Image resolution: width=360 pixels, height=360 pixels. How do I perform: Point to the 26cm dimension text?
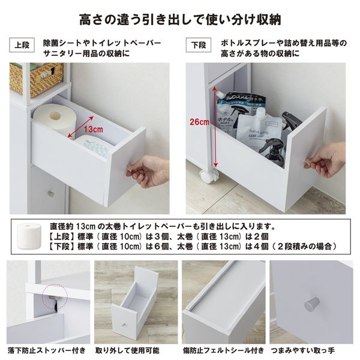tap(200, 122)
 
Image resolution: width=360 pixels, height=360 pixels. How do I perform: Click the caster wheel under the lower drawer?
tap(209, 175)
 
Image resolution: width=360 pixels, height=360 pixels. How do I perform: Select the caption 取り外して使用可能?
tap(132, 350)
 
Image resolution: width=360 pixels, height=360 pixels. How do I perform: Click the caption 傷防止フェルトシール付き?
tap(223, 350)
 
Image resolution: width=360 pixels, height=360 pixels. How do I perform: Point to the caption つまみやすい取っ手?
tap(310, 350)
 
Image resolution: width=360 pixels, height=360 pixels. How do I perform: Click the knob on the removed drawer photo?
tap(124, 326)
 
